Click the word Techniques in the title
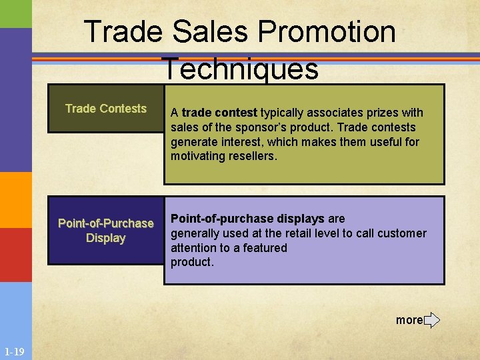tap(239, 69)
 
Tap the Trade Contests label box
tap(106, 108)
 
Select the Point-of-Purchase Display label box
tap(106, 231)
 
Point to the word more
tap(409, 320)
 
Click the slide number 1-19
tap(15, 351)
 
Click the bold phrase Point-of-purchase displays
tap(248, 219)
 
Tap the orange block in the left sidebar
tap(15, 200)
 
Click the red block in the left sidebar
tap(15, 255)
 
